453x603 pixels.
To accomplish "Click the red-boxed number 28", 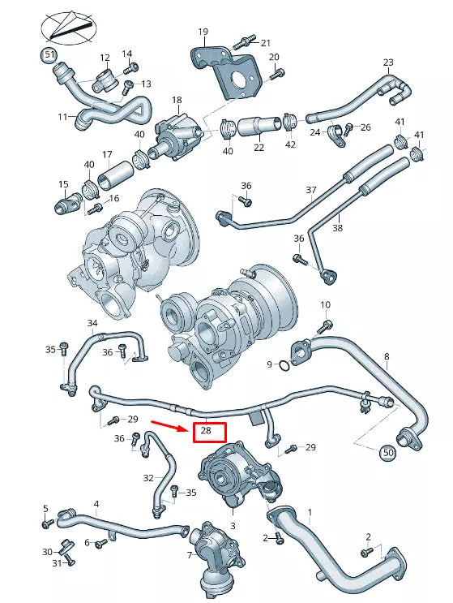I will click(x=208, y=432).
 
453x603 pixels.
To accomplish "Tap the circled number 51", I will click(x=50, y=55).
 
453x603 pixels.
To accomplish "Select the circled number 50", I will click(x=387, y=451).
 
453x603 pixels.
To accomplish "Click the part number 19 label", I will click(x=203, y=32).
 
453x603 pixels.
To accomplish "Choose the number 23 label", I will click(x=388, y=63).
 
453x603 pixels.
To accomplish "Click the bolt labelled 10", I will click(x=327, y=326).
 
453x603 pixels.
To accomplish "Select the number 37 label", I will click(x=310, y=191).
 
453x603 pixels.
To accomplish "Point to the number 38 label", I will click(x=337, y=228).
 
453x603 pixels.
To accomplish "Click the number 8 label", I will click(x=387, y=356).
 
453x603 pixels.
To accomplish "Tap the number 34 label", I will click(x=92, y=323).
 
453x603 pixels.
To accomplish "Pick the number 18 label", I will click(x=177, y=101).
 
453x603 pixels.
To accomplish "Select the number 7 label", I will click(x=190, y=555).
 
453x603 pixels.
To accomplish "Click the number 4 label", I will click(x=96, y=504).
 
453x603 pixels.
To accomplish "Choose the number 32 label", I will click(x=147, y=478).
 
